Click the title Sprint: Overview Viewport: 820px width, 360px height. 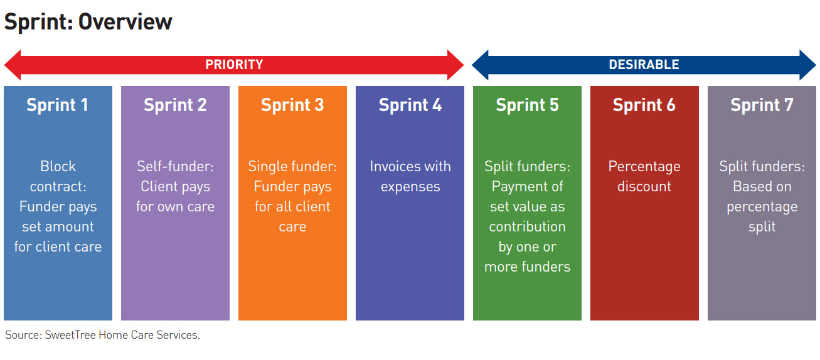click(88, 22)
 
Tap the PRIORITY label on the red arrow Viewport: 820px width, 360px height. click(234, 65)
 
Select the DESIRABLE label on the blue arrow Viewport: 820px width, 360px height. click(644, 65)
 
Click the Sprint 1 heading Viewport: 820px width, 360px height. click(58, 105)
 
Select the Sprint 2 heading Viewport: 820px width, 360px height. click(175, 105)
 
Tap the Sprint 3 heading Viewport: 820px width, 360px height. click(292, 105)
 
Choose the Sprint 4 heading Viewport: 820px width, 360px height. click(410, 105)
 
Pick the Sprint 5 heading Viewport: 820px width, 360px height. click(527, 105)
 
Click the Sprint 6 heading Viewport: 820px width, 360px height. click(644, 105)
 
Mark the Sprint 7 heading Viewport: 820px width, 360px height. click(762, 105)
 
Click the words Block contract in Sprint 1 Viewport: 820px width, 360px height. click(58, 176)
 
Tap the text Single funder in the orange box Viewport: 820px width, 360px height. click(292, 166)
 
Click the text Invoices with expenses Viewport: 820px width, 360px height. click(410, 176)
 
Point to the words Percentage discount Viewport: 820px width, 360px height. click(644, 176)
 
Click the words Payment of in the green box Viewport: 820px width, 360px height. click(527, 186)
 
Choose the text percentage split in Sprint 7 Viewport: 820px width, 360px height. click(762, 216)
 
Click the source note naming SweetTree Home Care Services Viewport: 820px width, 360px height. click(102, 335)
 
